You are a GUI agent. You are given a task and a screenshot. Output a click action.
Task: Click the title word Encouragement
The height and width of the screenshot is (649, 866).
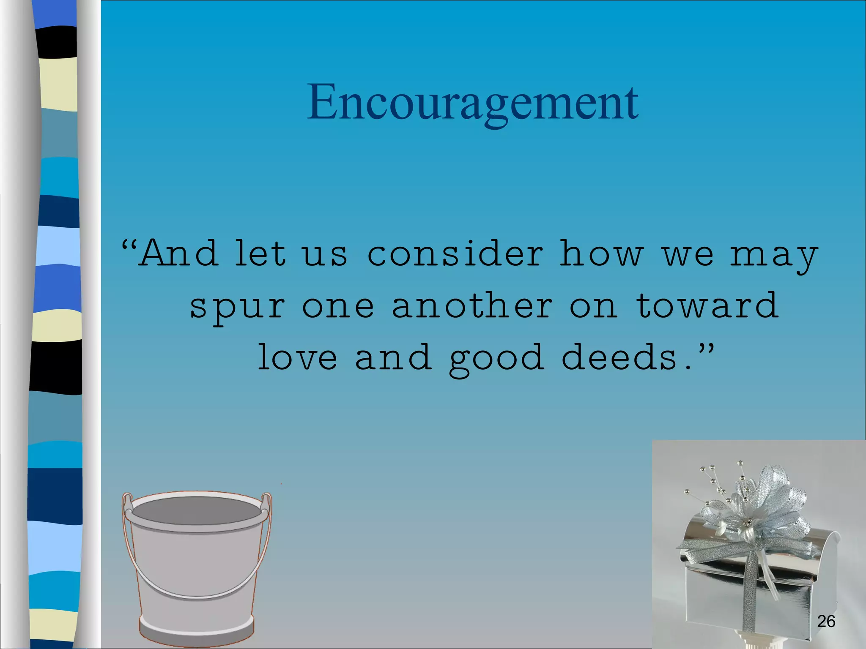472,103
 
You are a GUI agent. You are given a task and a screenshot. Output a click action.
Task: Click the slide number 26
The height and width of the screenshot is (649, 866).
826,621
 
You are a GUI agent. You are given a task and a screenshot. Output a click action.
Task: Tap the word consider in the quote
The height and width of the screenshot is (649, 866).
455,254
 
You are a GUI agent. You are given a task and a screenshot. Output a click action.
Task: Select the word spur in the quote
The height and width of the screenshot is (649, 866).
237,306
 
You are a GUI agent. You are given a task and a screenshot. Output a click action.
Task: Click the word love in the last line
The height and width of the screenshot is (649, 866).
297,357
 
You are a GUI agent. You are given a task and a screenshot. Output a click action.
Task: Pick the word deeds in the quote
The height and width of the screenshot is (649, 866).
619,357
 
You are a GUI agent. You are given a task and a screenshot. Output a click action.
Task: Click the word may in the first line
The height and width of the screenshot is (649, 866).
774,256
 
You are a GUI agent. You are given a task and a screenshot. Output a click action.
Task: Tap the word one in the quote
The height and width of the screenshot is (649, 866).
338,306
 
